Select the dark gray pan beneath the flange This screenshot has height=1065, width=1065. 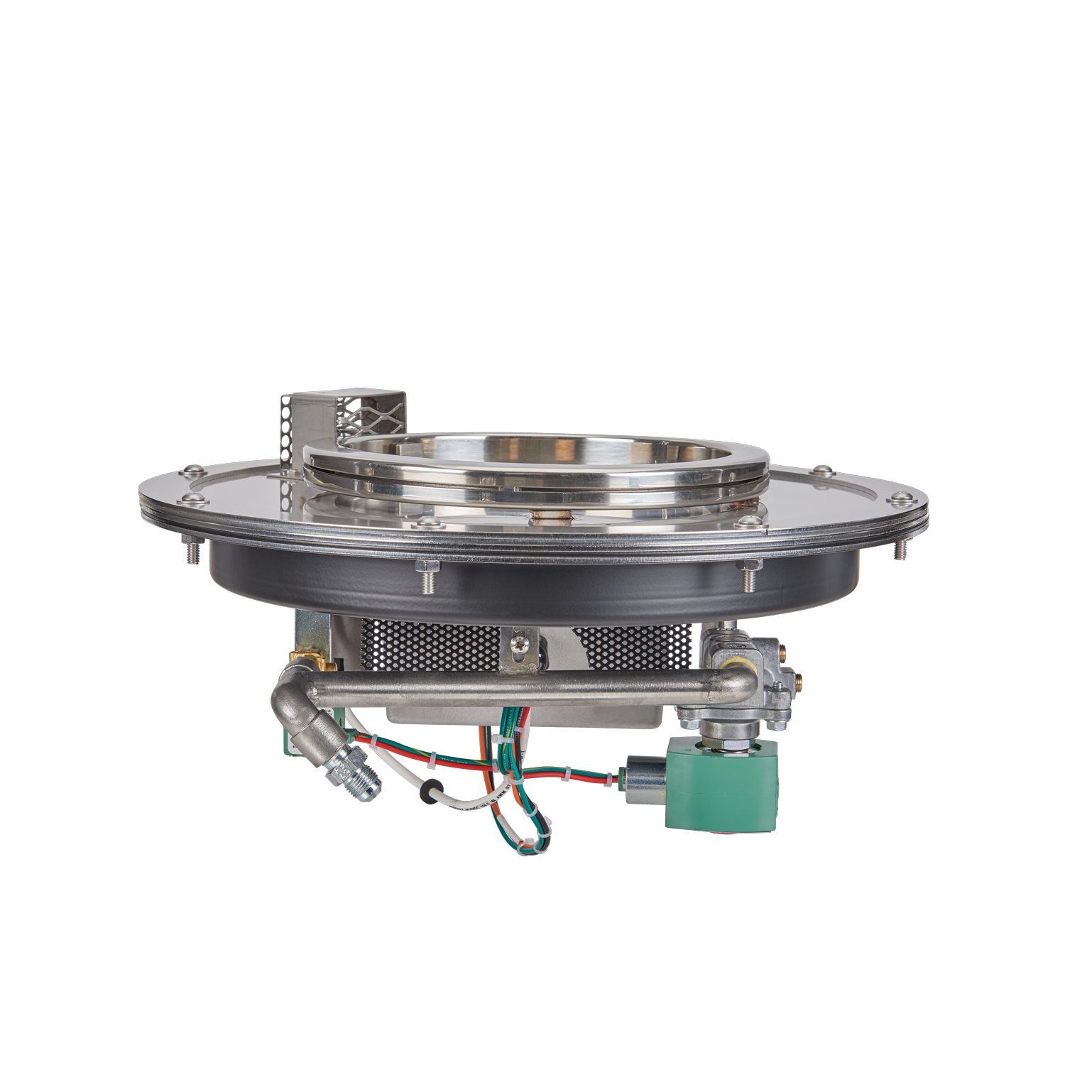coord(532,589)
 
